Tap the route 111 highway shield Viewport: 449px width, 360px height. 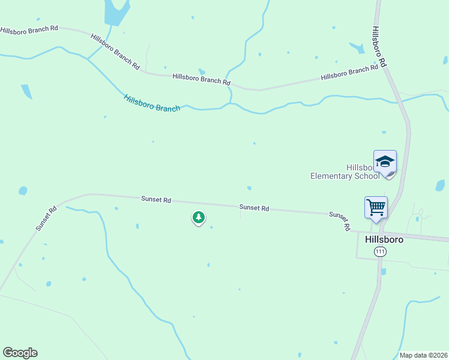point(379,252)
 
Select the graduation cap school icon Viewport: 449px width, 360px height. point(385,161)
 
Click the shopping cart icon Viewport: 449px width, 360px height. point(376,208)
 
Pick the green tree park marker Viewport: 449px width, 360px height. point(199,217)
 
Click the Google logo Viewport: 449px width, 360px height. point(20,353)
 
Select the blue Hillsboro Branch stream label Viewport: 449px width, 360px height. point(152,103)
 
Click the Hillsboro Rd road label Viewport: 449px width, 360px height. point(378,46)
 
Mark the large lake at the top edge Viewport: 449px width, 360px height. point(115,11)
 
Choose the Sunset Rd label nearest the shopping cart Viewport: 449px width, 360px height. point(339,221)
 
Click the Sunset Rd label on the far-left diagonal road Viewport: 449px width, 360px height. point(46,218)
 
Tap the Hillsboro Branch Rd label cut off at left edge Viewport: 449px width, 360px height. point(29,29)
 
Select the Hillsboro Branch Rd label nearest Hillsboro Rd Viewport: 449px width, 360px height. point(349,73)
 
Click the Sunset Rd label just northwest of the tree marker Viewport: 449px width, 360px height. point(156,199)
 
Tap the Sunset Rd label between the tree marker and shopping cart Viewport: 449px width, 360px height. point(254,208)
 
